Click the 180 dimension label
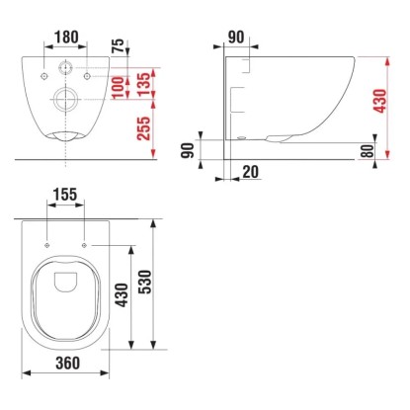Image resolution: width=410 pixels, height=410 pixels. point(66,38)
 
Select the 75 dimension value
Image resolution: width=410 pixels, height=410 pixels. point(119,45)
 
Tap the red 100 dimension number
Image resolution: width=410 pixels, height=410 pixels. point(119,87)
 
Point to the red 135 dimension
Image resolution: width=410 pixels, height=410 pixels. point(144,85)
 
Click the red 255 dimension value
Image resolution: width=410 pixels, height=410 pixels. point(144,128)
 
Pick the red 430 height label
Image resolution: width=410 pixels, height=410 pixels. point(380,101)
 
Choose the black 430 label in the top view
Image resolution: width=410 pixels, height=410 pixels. point(123,295)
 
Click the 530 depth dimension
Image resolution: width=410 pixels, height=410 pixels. point(145,282)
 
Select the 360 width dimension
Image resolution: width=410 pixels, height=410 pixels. point(68,363)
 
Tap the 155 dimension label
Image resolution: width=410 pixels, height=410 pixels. point(65,195)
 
